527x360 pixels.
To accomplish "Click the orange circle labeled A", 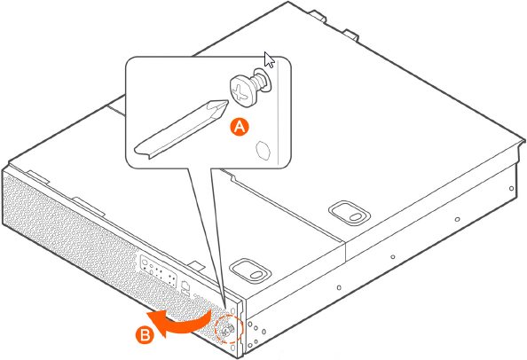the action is [x=240, y=127].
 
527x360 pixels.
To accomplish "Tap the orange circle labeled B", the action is [x=145, y=335].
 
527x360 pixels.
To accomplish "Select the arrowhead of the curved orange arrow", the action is [x=157, y=323].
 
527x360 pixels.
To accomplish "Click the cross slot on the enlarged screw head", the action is [x=240, y=92].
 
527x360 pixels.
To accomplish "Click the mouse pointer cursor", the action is [x=269, y=59].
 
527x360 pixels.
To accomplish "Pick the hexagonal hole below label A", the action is [x=263, y=150].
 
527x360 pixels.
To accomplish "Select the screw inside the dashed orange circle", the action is [x=229, y=330].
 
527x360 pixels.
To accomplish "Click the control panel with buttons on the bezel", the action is [x=158, y=271].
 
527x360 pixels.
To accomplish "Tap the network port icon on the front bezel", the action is [x=185, y=286].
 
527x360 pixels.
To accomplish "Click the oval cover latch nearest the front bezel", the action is [x=249, y=270].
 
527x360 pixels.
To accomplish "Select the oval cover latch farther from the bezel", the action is [x=350, y=213].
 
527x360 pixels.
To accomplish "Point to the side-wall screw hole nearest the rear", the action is [x=511, y=188].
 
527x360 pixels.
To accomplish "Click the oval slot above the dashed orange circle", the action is [x=233, y=309].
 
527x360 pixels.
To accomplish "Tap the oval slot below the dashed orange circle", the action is [x=233, y=348].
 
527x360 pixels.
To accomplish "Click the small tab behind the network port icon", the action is [x=196, y=266].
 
